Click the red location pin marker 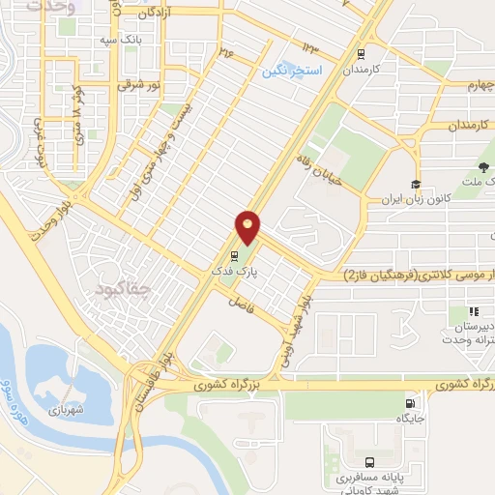(247, 227)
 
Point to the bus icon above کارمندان (361, 54)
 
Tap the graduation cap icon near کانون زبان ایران (415, 185)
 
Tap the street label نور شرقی (136, 84)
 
